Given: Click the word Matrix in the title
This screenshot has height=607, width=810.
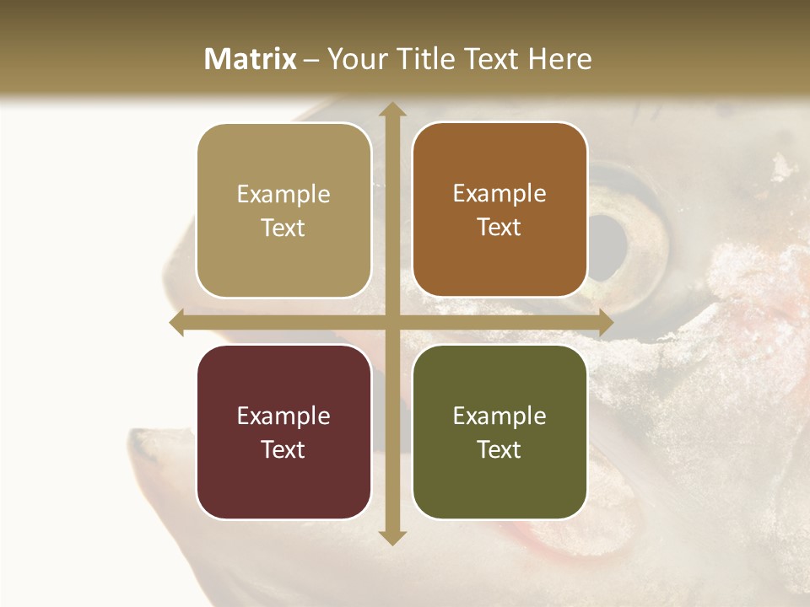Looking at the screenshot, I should coord(251,59).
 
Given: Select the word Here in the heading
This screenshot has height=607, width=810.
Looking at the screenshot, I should coord(559,59).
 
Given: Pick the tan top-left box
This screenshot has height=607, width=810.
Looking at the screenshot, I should coord(283,211).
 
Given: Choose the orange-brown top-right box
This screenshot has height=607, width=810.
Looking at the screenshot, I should coord(499,210).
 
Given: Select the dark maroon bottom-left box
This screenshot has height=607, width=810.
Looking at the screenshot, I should coord(283,432).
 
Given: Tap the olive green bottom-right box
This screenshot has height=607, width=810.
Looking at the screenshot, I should coord(499,432).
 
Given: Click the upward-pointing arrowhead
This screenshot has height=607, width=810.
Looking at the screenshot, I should coord(391,110).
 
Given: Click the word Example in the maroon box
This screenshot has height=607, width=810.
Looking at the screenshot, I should coord(283,416).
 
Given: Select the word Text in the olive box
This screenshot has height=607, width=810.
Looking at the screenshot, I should coord(499,449).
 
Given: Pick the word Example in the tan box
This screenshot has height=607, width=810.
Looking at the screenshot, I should coord(283,195).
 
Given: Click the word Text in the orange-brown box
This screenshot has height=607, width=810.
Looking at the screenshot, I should coord(499,228).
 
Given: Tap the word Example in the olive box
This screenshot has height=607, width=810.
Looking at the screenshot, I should coord(499,416).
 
